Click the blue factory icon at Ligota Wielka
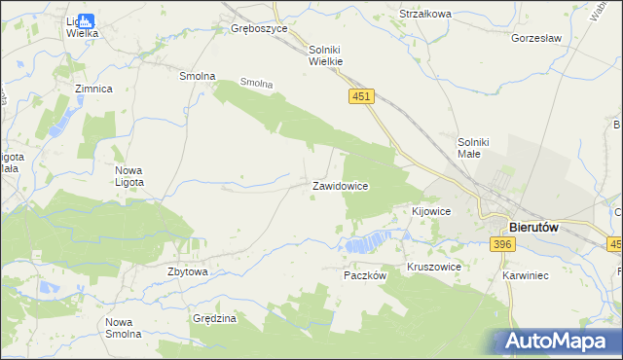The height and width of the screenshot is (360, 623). click(86, 19)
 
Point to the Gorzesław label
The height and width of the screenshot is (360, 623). click(537, 39)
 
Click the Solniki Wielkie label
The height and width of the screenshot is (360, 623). click(327, 54)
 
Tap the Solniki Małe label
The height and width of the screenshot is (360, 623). click(478, 148)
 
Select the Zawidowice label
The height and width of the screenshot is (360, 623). click(339, 186)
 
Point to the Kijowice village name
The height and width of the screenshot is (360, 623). click(431, 211)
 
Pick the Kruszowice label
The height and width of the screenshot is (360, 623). click(434, 267)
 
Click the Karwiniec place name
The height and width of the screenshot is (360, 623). click(526, 276)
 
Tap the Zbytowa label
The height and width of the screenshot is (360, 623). click(188, 272)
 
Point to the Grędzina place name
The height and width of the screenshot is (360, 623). click(215, 318)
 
